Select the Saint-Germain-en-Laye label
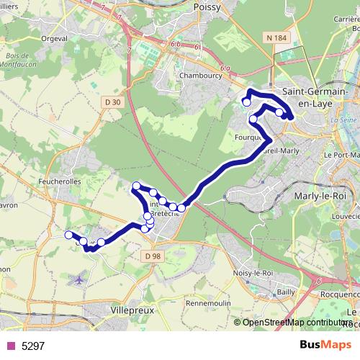point(315,97)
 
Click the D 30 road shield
point(113,102)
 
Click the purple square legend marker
point(9,346)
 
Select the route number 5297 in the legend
point(33,346)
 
